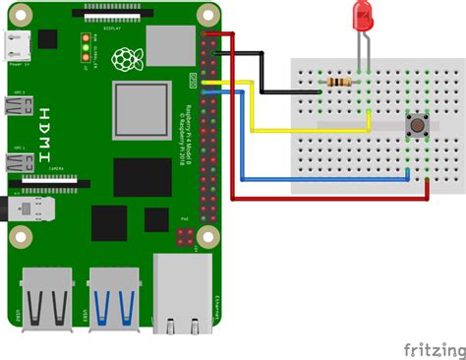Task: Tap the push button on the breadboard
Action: coord(417,125)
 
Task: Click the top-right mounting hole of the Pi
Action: coord(207,14)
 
